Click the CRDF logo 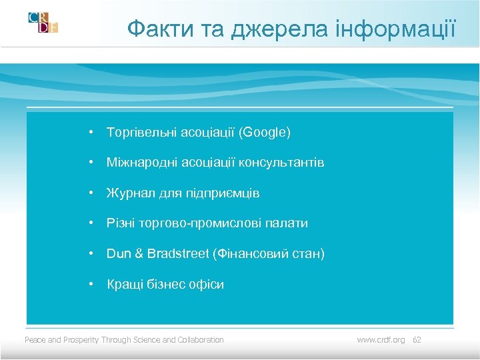43,22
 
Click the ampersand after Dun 137,254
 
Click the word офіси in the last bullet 206,285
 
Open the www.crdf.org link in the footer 381,340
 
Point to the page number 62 417,340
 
